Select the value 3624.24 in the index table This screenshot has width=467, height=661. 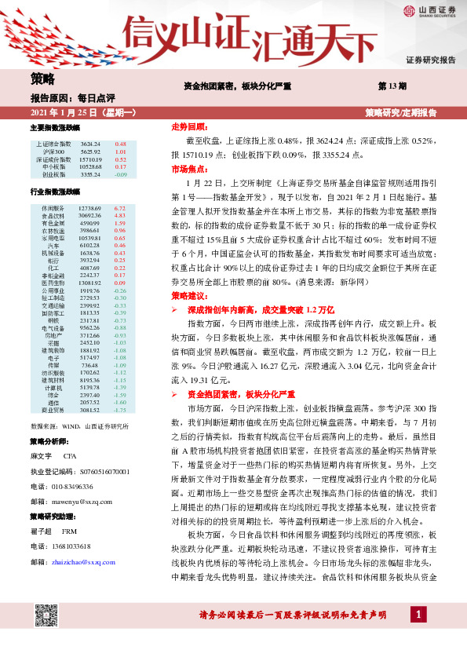[x=90, y=144]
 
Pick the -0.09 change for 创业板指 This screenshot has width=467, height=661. [x=120, y=174]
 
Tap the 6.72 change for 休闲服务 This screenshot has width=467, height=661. [x=120, y=208]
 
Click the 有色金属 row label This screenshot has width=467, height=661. [x=54, y=223]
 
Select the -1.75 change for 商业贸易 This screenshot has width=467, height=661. [x=120, y=410]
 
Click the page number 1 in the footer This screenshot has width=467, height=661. [x=421, y=634]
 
